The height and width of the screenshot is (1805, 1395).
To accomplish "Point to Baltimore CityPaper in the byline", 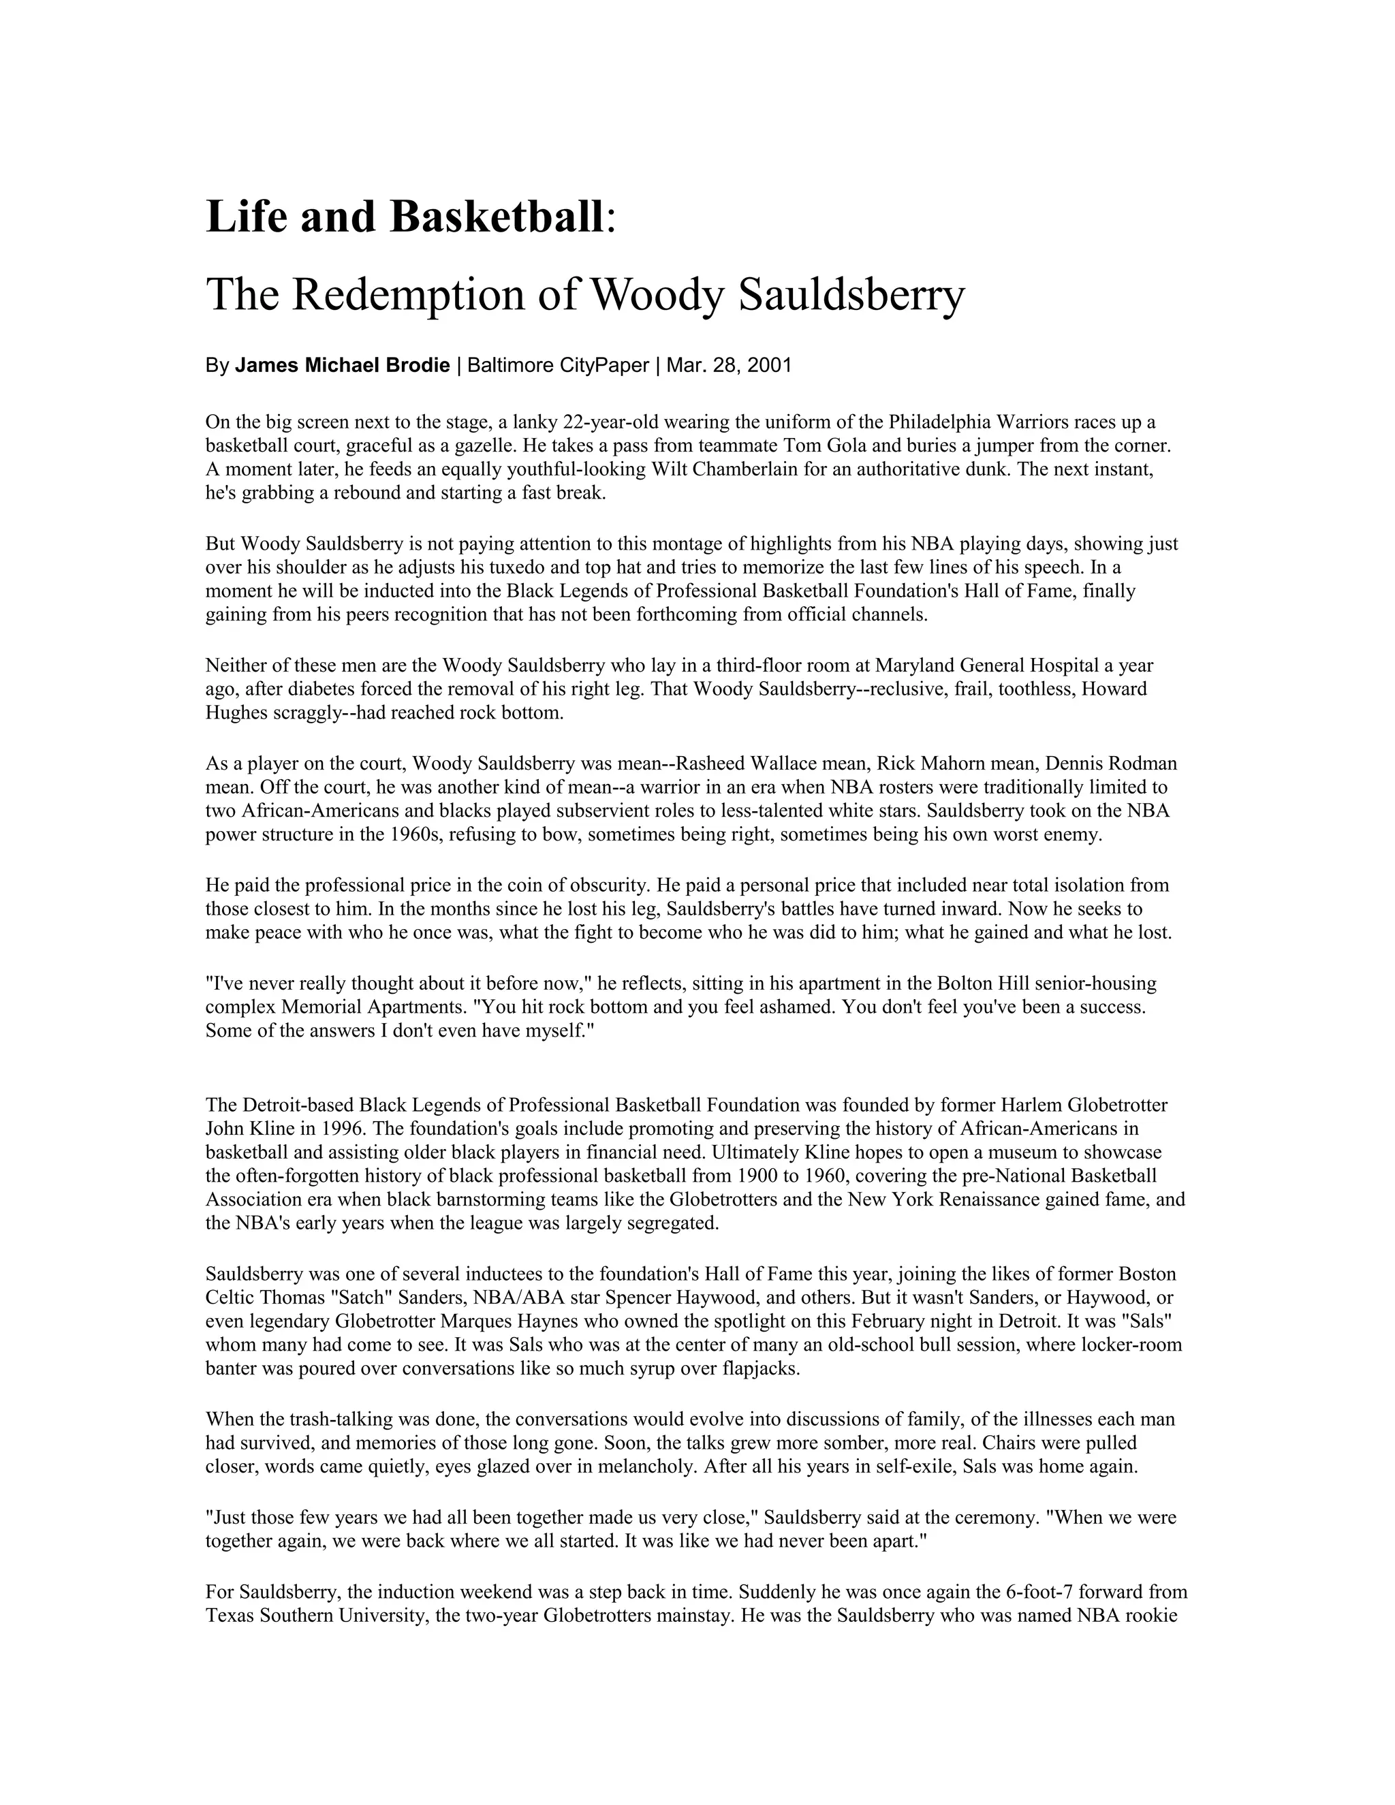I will [x=558, y=365].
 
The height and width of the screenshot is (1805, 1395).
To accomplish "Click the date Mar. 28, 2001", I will [x=729, y=365].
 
